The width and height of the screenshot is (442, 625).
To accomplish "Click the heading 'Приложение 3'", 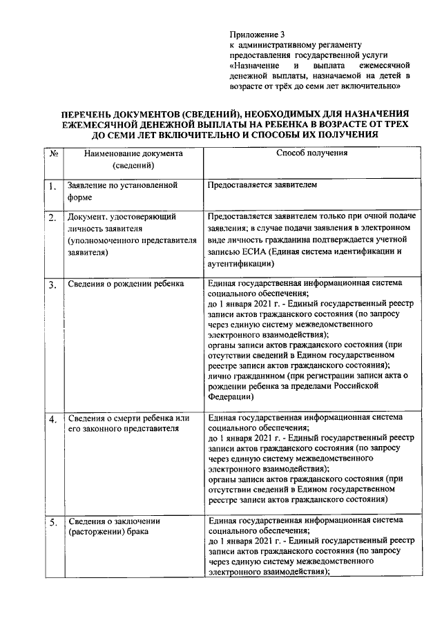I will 256,33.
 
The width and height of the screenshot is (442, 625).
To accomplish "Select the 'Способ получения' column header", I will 311,153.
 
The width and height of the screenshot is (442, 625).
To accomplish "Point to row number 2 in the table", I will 52,219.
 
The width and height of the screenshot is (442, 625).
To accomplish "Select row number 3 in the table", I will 52,285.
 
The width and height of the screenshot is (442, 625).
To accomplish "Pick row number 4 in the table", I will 52,420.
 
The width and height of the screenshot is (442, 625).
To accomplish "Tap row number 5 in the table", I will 52,523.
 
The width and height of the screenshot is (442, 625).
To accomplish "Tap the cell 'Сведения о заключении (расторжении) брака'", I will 114,526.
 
